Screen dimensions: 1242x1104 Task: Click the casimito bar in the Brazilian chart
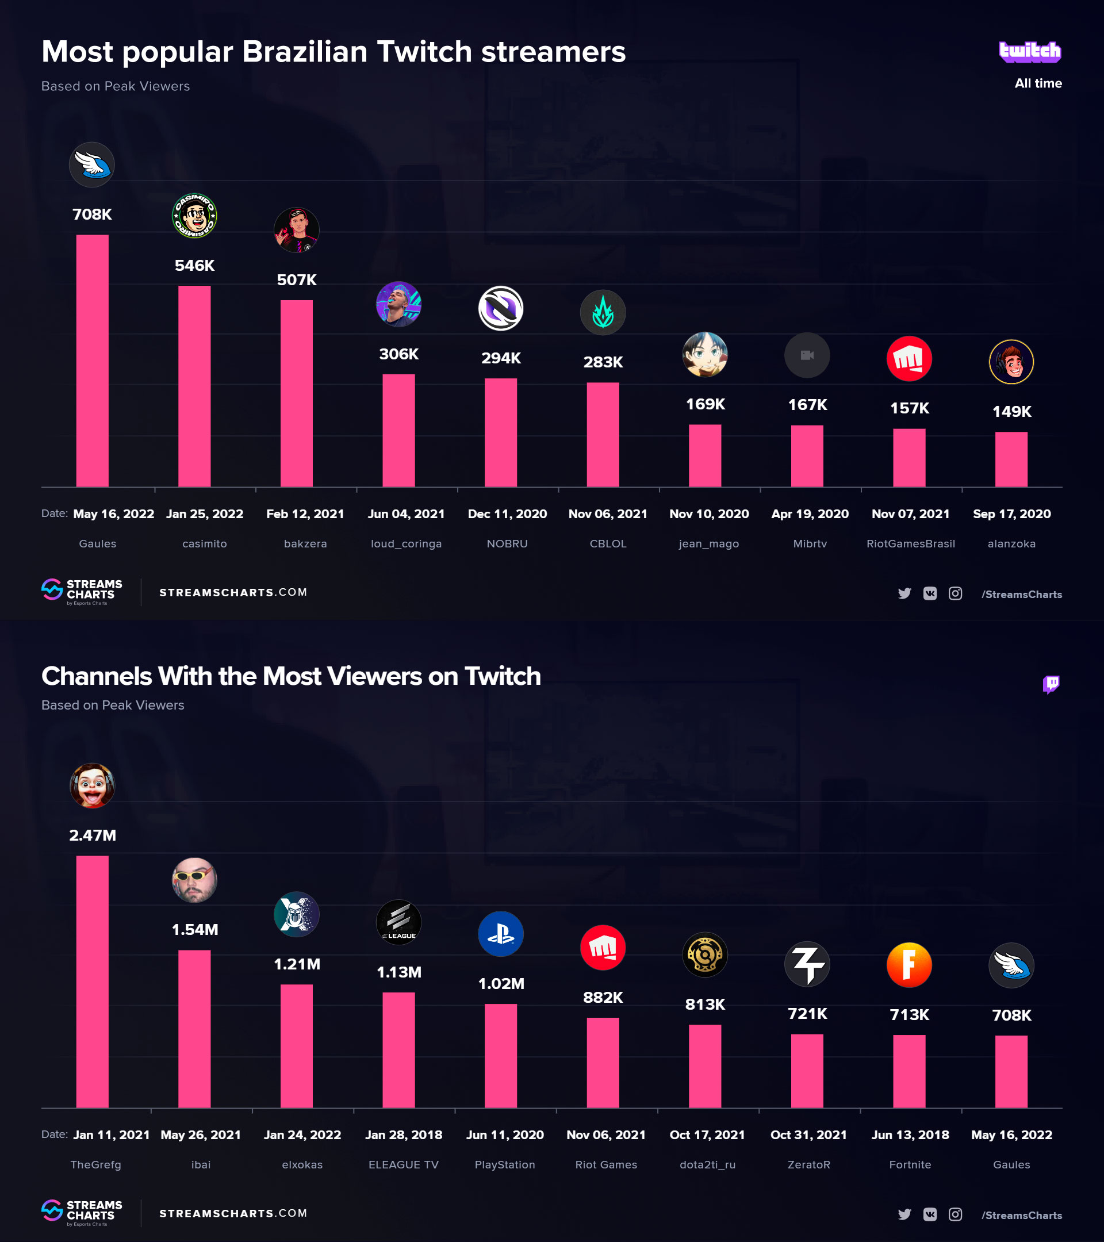coord(194,386)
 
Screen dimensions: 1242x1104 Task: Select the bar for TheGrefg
coord(93,981)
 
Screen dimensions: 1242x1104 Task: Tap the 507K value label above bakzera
coord(297,280)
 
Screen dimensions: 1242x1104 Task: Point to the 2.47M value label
coord(93,835)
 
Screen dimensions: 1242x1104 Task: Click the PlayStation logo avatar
coord(501,934)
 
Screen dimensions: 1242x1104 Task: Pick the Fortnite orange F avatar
coord(909,965)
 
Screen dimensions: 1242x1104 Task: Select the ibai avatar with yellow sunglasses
coord(194,880)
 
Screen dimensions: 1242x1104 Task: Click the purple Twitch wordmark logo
coord(1030,52)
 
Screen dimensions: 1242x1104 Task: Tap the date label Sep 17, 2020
coord(1011,514)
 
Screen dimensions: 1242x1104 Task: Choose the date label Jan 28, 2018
coord(404,1134)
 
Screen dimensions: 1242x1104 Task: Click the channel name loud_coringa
coord(406,544)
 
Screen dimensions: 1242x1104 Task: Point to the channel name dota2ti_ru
coord(707,1165)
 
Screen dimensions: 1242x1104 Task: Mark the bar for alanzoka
coord(1011,459)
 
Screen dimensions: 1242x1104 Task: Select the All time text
coord(1038,84)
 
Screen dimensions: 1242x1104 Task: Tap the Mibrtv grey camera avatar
coord(807,355)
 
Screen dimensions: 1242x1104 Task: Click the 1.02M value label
coord(501,984)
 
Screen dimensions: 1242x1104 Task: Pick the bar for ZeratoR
coord(807,1071)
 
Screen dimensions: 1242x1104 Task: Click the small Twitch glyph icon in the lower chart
coord(1051,684)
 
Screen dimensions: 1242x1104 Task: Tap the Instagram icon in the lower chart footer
coord(955,1214)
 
